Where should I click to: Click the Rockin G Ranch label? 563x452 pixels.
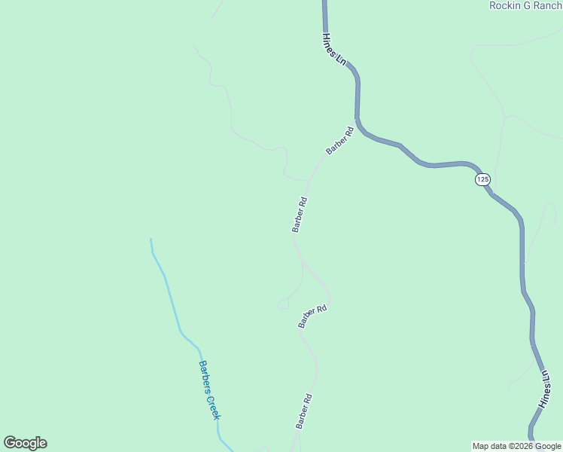[x=525, y=5]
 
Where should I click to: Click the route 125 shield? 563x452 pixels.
[x=482, y=179]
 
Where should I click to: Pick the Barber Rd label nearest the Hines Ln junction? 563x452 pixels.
[x=339, y=141]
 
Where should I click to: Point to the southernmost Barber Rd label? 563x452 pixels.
[x=303, y=411]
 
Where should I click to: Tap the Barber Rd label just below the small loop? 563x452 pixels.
[x=312, y=316]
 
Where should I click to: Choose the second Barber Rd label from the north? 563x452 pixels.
[x=300, y=215]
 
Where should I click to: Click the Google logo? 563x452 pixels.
[x=25, y=443]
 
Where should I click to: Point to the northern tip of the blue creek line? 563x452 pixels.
[x=151, y=239]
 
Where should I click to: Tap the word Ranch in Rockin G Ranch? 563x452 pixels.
[x=546, y=5]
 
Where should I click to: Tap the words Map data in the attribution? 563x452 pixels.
[x=487, y=446]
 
